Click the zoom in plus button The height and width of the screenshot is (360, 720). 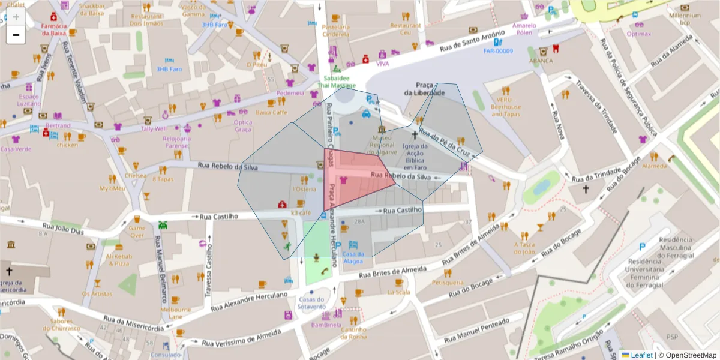click(16, 16)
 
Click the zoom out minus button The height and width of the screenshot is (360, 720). click(16, 35)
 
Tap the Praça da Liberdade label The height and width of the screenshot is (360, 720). click(424, 89)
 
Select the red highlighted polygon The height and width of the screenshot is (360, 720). click(351, 177)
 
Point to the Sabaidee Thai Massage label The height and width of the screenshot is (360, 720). click(336, 82)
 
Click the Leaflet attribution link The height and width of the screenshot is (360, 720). click(641, 355)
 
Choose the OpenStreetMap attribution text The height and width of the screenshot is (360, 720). click(688, 355)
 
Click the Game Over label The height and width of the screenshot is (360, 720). click(137, 232)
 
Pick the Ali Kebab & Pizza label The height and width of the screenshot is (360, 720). click(118, 259)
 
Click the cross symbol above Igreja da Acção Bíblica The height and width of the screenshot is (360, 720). click(414, 136)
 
